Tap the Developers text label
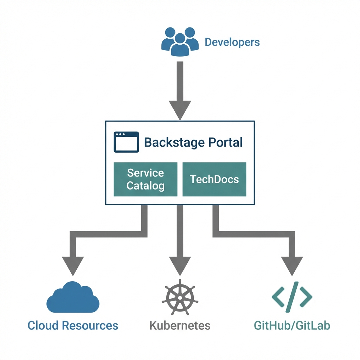point(232,42)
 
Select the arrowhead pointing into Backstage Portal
point(180,109)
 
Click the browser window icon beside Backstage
point(126,142)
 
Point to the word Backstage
point(174,142)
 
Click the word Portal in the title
point(225,142)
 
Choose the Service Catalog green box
point(145,179)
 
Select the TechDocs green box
point(214,179)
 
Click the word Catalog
point(145,185)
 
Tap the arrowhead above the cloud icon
point(73,265)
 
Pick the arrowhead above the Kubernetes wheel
point(180,265)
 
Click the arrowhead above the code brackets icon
point(291,265)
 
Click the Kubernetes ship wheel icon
point(180,297)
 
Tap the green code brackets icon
point(292,297)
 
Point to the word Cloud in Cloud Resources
point(43,325)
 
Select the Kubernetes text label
point(180,325)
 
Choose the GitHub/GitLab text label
point(292,325)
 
